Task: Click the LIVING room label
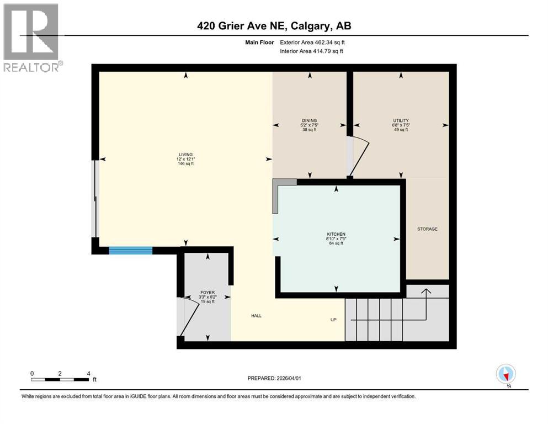[184, 155]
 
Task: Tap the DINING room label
[310, 120]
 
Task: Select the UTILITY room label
[401, 120]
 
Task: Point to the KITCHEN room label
[336, 234]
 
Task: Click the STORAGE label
[427, 229]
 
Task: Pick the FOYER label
[208, 293]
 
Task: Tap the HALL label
[256, 316]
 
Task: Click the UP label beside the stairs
[334, 320]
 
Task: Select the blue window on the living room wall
[130, 251]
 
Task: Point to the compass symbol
[506, 374]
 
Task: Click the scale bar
[60, 379]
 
